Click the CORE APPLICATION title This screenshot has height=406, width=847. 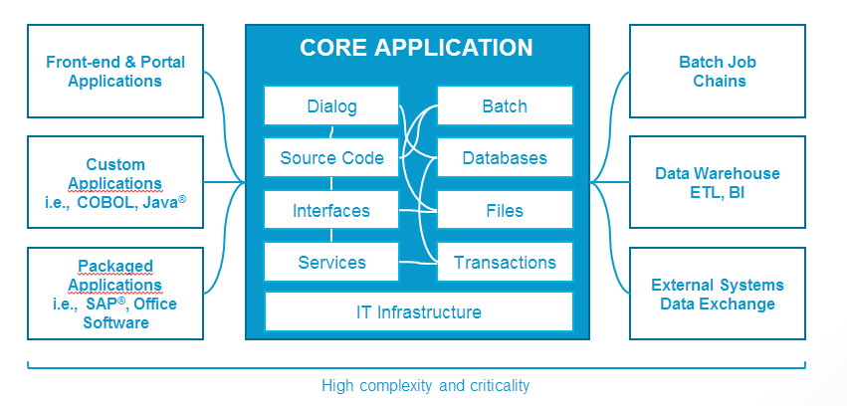[416, 47]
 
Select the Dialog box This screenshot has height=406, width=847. [331, 105]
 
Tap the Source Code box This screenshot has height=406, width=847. [331, 157]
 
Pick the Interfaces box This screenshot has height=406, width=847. [331, 210]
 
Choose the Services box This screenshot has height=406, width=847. [331, 262]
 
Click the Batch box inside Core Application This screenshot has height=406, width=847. [505, 105]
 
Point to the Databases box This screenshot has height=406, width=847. [505, 157]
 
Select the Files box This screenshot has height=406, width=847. [505, 210]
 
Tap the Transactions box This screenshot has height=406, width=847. [505, 262]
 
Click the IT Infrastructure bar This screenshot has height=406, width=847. [418, 311]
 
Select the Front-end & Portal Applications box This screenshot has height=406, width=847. [115, 72]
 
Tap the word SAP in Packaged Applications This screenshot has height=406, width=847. [106, 304]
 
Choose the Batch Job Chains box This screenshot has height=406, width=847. [718, 72]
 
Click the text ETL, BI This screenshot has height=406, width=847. [718, 192]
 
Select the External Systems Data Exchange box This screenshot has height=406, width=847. [718, 294]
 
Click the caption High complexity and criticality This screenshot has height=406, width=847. [426, 384]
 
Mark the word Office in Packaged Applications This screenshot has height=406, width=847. [154, 304]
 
